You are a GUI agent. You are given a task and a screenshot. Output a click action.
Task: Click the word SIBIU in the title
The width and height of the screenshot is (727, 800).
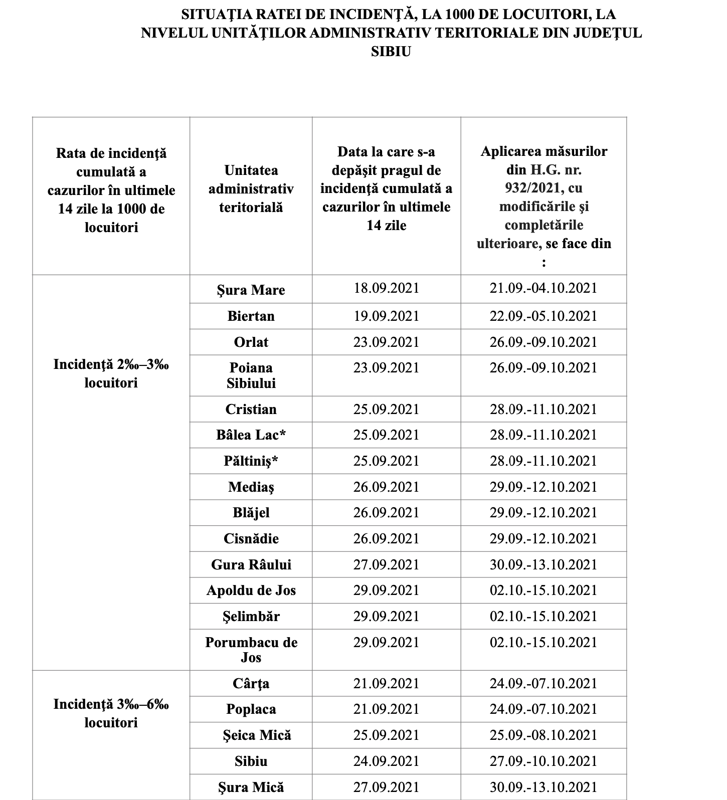click(391, 52)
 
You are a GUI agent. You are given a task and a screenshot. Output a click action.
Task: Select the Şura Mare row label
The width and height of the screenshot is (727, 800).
click(251, 290)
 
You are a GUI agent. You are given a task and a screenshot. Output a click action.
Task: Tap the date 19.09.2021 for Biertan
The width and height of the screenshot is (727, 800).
click(386, 316)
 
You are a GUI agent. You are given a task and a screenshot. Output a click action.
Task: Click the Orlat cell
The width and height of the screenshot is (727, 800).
click(251, 342)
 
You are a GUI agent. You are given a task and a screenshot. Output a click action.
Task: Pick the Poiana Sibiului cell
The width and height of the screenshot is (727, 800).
click(251, 375)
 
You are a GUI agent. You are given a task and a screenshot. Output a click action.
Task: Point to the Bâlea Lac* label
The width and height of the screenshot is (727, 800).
click(251, 435)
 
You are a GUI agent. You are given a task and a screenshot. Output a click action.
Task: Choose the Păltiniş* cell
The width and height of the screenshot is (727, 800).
click(251, 461)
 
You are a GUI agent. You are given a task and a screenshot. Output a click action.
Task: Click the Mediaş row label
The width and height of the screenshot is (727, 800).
click(251, 487)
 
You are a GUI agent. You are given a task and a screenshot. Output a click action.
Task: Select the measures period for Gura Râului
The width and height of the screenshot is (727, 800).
click(543, 564)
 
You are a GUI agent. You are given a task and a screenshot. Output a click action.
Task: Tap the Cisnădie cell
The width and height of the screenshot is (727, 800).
click(251, 538)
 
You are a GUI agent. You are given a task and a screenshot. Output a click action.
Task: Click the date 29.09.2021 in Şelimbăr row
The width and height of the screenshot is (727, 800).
click(386, 616)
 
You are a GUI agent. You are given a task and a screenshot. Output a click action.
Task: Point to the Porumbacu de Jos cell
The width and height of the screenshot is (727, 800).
click(251, 650)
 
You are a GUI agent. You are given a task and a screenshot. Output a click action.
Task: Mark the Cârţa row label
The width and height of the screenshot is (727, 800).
click(251, 683)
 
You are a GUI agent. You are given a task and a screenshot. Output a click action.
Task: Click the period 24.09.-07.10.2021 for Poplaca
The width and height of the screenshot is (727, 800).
click(543, 709)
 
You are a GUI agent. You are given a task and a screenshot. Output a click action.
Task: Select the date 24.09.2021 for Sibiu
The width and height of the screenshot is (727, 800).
click(386, 761)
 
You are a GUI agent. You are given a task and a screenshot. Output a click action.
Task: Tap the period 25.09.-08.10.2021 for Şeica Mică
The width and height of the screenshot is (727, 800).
click(543, 735)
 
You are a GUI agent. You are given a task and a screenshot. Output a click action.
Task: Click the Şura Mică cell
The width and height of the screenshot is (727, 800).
click(251, 787)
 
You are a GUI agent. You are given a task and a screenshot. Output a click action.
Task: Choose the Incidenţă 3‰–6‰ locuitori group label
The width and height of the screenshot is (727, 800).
click(111, 713)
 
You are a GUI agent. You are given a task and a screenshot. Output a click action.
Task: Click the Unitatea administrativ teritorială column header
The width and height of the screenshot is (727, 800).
click(251, 189)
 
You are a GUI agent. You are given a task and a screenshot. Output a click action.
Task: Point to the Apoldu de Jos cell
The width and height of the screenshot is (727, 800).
click(251, 590)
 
